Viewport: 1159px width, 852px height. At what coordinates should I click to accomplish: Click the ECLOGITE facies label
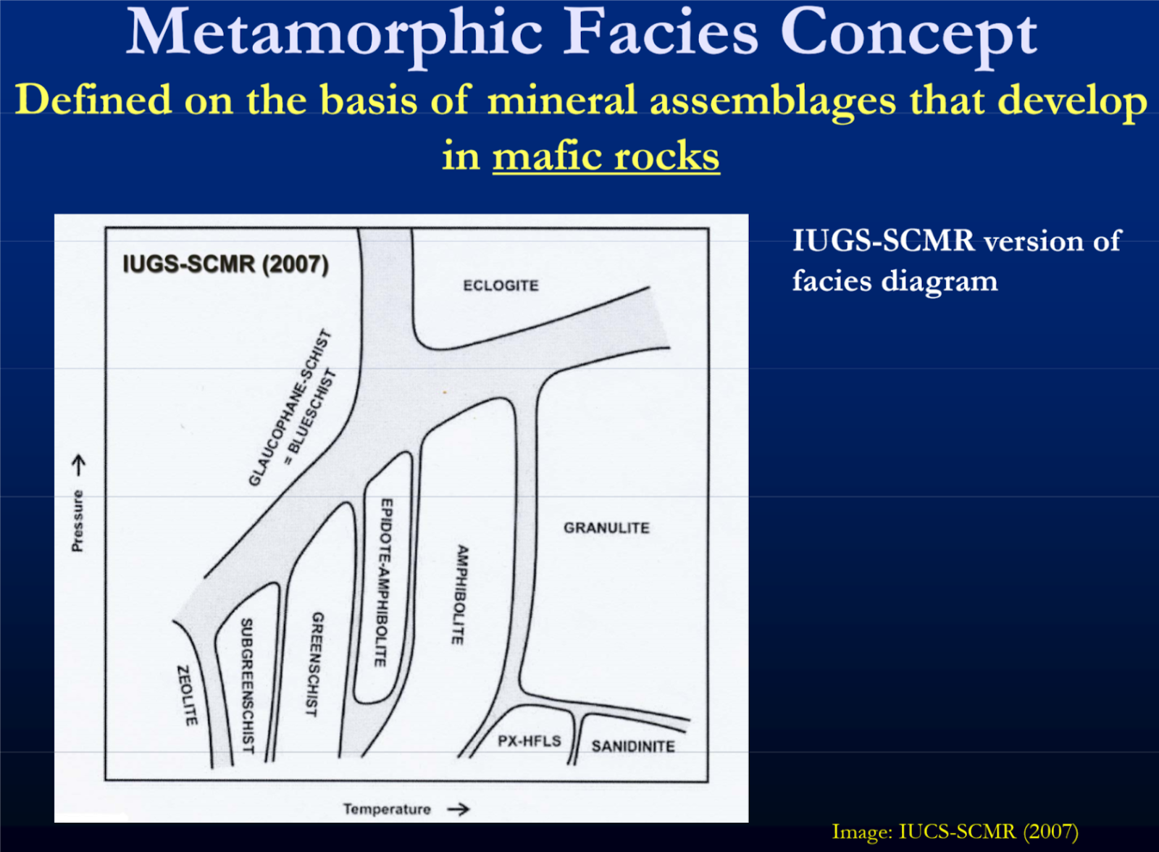coord(501,285)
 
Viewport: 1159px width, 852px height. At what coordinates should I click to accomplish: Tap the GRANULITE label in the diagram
coord(606,528)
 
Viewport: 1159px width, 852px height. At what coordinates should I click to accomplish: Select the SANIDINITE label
coord(633,746)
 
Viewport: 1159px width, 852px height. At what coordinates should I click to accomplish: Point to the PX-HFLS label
coord(529,741)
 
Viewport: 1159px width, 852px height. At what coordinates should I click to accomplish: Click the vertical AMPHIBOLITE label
coord(460,595)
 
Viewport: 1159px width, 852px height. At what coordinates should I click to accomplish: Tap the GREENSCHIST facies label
coord(314,664)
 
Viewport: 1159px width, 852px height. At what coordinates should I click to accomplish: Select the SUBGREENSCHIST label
coord(247,685)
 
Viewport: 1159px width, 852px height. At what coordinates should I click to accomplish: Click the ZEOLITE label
coord(187,696)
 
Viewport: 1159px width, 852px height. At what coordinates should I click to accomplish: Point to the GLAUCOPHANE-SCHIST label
coord(289,409)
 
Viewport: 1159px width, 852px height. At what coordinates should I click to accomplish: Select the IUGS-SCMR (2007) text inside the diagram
coord(225,264)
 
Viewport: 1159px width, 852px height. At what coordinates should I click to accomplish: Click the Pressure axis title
coord(78,520)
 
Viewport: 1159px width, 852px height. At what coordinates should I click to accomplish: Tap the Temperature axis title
coord(387,809)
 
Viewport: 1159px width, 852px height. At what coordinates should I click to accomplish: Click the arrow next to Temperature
coord(458,809)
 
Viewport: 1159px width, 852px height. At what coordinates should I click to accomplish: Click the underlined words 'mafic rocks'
coord(606,156)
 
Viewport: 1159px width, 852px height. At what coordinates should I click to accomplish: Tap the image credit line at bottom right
coord(955,831)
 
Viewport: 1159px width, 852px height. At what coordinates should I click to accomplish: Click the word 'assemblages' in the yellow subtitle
coord(773,101)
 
